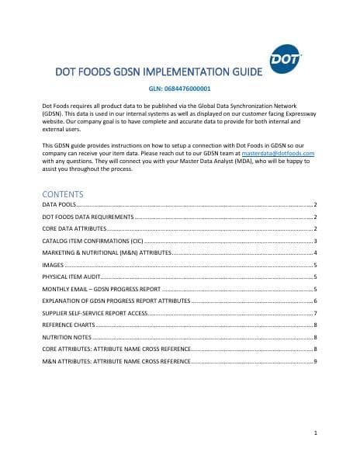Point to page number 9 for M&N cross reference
(x=315, y=362)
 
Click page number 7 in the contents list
(x=315, y=313)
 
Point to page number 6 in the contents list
(x=315, y=301)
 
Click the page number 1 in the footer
(x=315, y=432)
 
